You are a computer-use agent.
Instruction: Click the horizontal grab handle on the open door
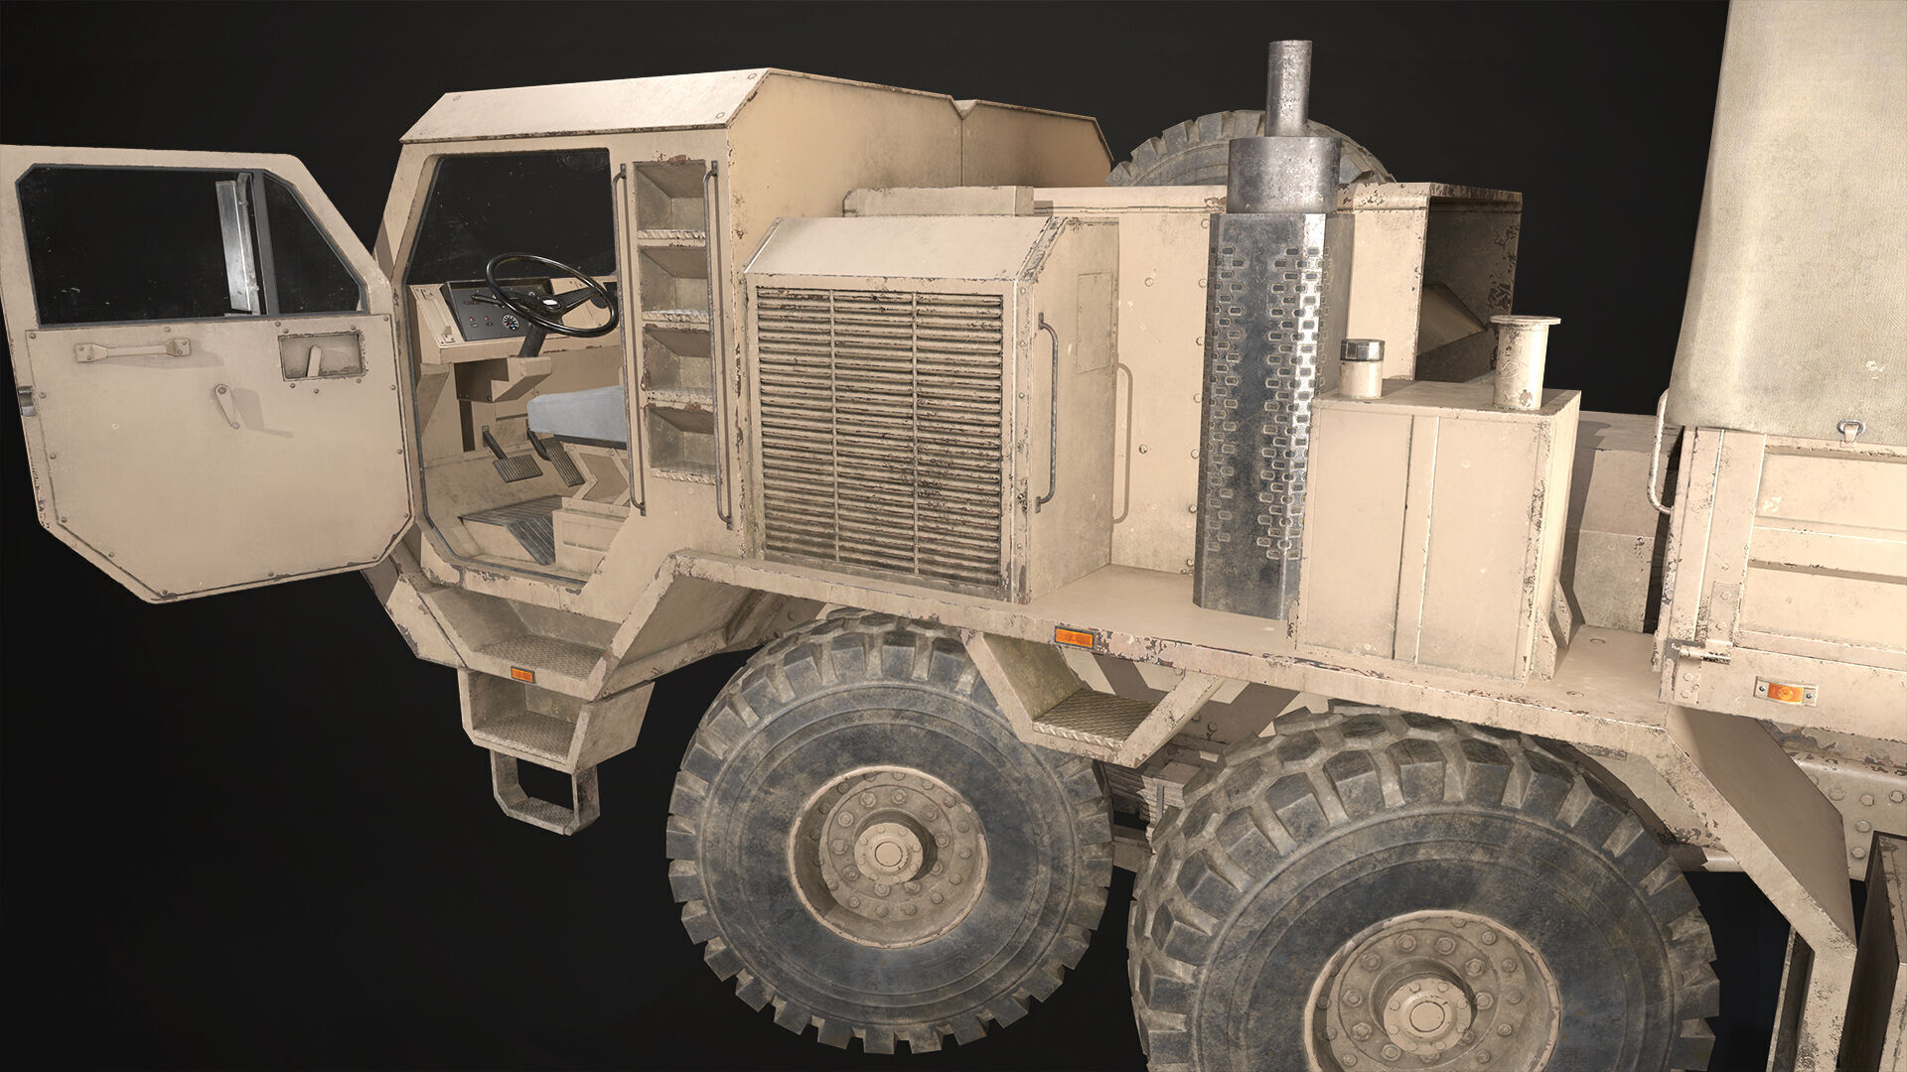click(x=132, y=349)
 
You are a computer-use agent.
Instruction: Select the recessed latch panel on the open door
click(x=321, y=355)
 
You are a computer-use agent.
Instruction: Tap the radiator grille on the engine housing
click(x=880, y=437)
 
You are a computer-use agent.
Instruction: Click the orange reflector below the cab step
click(x=522, y=675)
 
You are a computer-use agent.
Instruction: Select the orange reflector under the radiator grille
click(x=1073, y=637)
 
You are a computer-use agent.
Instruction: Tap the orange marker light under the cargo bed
click(x=1784, y=692)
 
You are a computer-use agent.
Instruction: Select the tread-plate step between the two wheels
click(x=1093, y=715)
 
